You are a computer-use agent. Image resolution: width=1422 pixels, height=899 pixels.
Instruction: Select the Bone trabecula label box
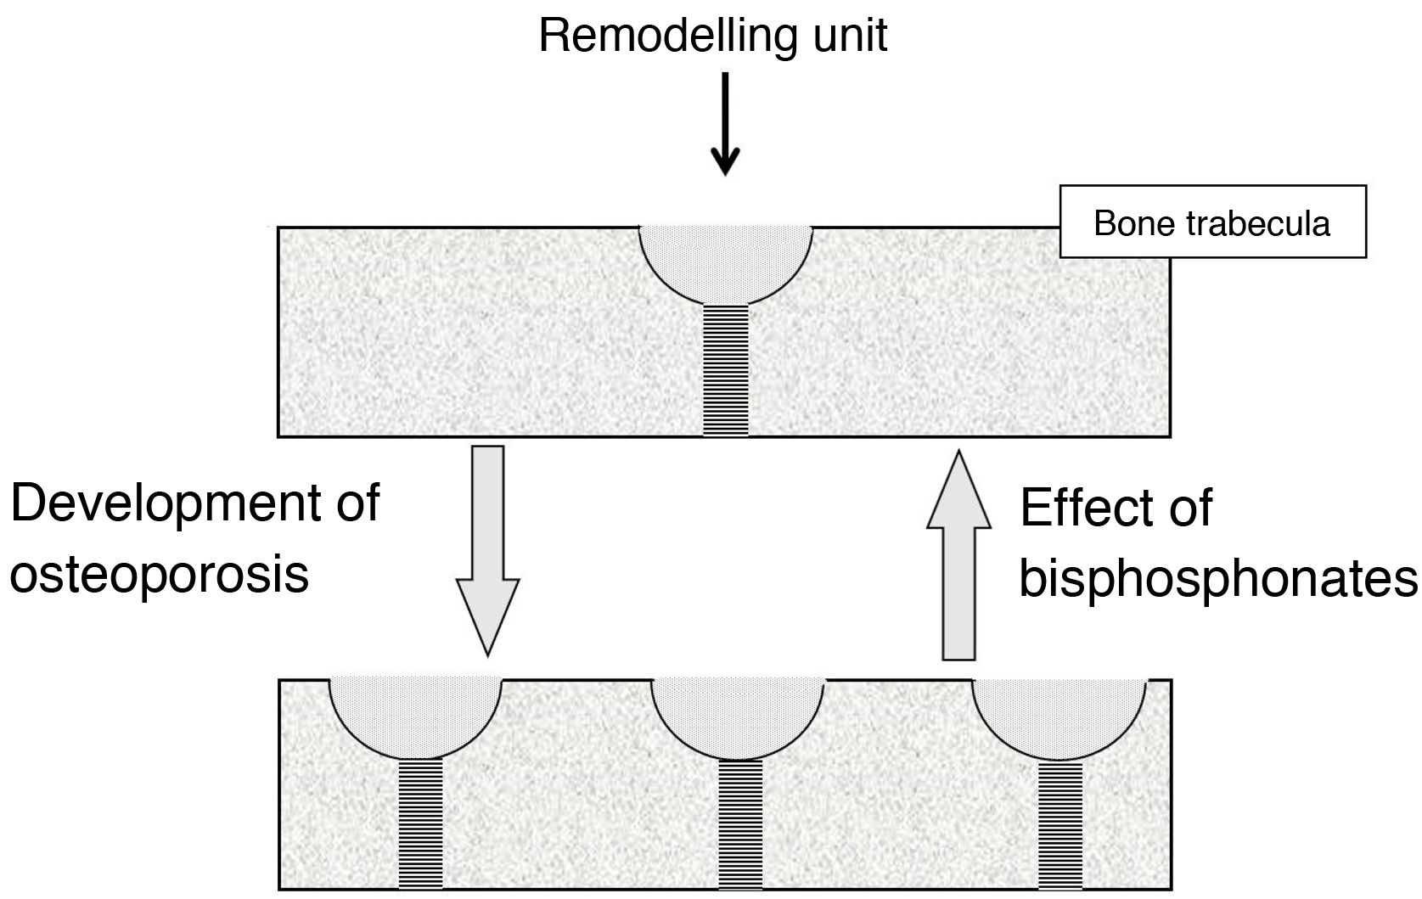point(1212,222)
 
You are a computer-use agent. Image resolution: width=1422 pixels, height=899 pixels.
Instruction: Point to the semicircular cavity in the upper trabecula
point(726,259)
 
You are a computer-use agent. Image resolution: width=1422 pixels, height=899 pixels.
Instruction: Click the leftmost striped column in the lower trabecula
point(421,823)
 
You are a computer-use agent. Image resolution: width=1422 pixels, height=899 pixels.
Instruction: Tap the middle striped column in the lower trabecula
point(740,823)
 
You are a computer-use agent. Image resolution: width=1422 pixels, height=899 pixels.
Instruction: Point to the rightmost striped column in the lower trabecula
point(1061,823)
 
